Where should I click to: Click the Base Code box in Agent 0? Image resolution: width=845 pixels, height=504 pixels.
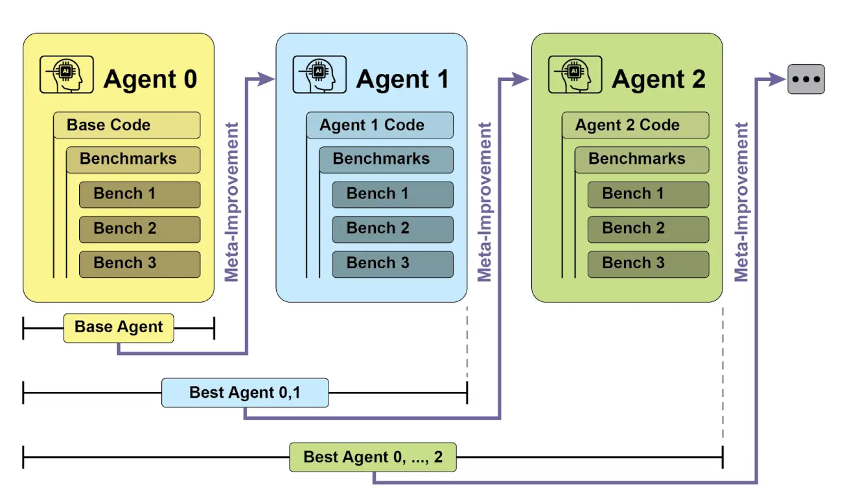point(126,125)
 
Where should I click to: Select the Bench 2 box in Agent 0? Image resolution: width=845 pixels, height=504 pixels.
point(139,229)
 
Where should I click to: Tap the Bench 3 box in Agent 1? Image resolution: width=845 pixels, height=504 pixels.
point(392,264)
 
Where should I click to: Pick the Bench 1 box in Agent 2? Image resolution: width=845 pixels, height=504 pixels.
point(647,194)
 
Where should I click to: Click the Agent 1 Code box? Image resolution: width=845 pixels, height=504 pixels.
point(379,125)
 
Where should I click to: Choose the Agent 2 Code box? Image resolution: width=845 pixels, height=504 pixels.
point(635,125)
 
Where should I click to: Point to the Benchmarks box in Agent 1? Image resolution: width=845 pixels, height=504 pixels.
point(386,159)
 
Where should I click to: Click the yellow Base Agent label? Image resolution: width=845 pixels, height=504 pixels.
point(119,328)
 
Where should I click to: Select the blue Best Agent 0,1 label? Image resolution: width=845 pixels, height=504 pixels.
point(244,393)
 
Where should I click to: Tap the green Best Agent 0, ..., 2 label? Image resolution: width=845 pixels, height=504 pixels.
point(373,457)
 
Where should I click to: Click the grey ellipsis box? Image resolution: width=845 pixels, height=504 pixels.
point(806,79)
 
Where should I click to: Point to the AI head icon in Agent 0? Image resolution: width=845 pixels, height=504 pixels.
point(66,74)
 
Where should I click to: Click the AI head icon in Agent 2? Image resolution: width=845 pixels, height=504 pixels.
point(575,74)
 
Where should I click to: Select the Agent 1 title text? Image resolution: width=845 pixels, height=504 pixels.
point(402,80)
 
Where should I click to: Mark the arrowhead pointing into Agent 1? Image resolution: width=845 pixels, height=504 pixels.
point(266,79)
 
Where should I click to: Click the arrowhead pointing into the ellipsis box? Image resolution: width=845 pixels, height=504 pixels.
point(777,79)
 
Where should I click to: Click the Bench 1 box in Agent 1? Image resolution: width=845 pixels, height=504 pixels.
point(392,194)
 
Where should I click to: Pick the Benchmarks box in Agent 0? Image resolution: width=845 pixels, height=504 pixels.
point(133,159)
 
